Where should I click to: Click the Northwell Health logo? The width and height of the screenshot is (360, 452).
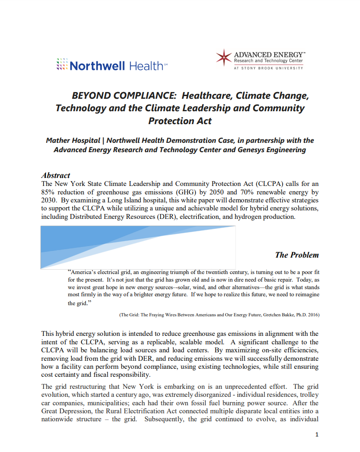112,66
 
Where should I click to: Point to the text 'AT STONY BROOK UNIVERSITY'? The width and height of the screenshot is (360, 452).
268,68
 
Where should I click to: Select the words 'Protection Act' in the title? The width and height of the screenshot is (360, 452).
180,121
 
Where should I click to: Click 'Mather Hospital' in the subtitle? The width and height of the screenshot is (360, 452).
73,141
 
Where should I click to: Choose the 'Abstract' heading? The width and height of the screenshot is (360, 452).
56,175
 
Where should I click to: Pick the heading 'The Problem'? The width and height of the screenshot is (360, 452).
296,255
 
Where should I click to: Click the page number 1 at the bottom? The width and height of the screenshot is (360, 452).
316,435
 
